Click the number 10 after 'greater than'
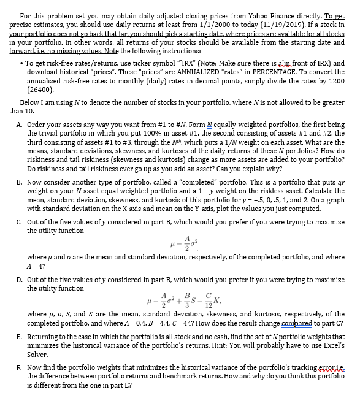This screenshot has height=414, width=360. tap(31, 112)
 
